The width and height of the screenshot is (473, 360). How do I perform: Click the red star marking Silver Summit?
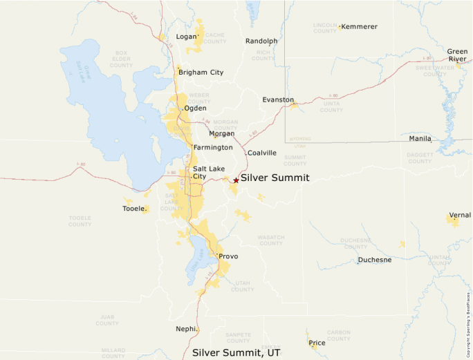(236, 180)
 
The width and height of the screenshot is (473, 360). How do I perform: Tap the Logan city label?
(186, 37)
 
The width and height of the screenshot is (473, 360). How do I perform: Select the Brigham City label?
(201, 72)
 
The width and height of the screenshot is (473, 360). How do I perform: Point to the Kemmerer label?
(360, 26)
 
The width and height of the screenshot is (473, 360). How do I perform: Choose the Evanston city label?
(278, 100)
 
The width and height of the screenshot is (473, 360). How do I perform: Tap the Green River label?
(457, 55)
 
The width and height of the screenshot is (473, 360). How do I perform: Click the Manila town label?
(420, 139)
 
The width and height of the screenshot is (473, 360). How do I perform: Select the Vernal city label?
(460, 215)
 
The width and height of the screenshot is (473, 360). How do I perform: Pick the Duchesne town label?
(375, 260)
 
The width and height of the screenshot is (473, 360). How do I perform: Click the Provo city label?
(228, 256)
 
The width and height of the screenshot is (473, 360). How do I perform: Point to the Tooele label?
(133, 209)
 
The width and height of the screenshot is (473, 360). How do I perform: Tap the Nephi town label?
(186, 329)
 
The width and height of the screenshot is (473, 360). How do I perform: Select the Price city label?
(317, 343)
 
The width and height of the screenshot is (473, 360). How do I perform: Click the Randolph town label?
(261, 41)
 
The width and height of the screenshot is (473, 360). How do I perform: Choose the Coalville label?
(262, 153)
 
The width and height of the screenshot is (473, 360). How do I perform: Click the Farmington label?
(213, 148)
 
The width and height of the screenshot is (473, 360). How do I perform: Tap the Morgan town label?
(222, 133)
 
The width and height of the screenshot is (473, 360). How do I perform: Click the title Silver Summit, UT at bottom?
(236, 352)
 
